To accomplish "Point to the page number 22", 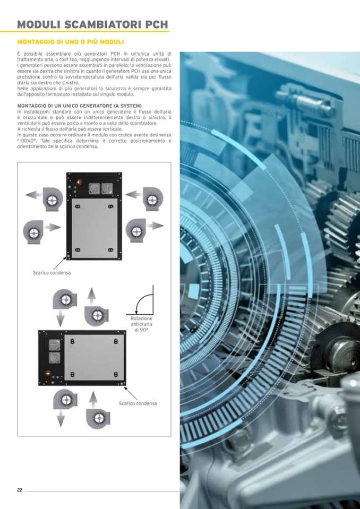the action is pyautogui.click(x=20, y=490).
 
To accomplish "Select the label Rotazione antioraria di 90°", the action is pyautogui.click(x=142, y=324).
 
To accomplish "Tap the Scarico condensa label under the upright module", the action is pyautogui.click(x=52, y=273).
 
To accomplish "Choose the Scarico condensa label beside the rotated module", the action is pyautogui.click(x=138, y=403).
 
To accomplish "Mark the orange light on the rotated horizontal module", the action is pyautogui.click(x=47, y=373).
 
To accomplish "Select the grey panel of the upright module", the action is pyautogui.click(x=95, y=228).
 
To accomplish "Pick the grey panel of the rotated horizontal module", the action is pyautogui.click(x=94, y=357).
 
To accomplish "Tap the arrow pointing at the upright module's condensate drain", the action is pyautogui.click(x=59, y=263).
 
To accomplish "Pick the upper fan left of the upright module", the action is pyautogui.click(x=53, y=200).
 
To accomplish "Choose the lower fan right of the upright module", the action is pyautogui.click(x=136, y=230).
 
